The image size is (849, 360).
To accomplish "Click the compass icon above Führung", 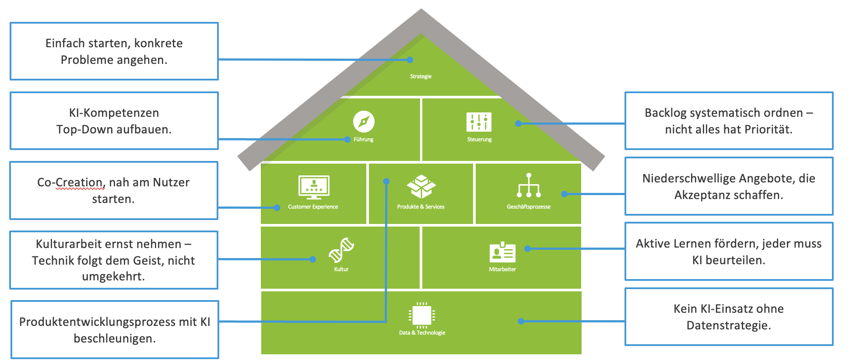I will (x=364, y=122).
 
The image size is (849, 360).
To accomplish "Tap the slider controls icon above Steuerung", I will (x=479, y=122).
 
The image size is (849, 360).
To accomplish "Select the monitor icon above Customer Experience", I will (x=314, y=187).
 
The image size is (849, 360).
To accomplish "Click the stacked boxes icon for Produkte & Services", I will (x=421, y=187).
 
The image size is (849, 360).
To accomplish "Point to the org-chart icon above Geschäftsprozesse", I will (x=529, y=185).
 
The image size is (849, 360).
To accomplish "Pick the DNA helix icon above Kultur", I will (x=341, y=250).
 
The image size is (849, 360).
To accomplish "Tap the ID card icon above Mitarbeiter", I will (x=502, y=252).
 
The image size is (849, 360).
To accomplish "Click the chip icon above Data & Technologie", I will (x=422, y=315).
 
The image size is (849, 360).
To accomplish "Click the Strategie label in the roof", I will (x=421, y=77).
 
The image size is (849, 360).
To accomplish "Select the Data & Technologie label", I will (x=422, y=333).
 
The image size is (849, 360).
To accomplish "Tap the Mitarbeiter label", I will (x=502, y=269).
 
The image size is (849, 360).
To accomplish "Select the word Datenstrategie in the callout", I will (x=728, y=325).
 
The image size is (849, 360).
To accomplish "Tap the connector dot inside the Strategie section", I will (x=410, y=60).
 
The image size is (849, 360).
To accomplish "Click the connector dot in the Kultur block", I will (x=312, y=259).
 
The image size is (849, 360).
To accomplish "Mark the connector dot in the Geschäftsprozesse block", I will (x=564, y=194).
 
